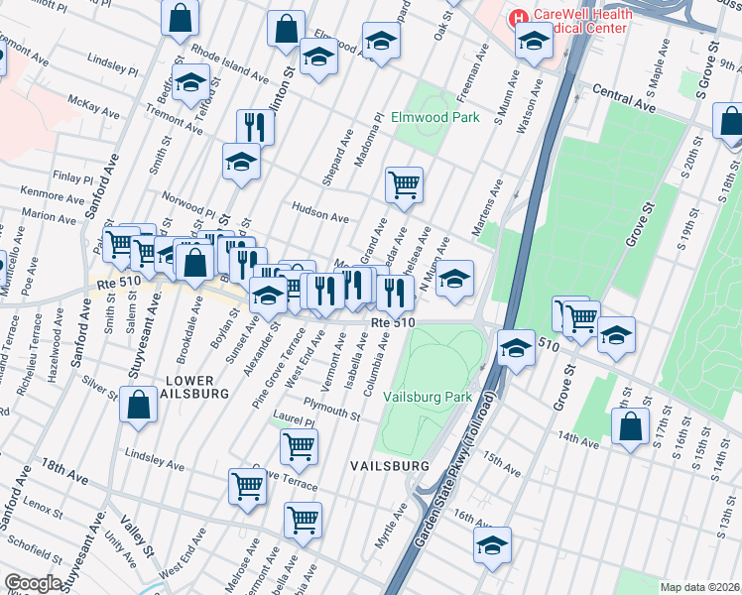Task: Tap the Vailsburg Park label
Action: pos(432,396)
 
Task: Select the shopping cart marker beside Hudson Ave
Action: pos(404,184)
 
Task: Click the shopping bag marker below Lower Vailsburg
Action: pos(138,404)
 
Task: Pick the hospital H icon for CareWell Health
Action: pos(517,17)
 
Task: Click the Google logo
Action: pos(33,583)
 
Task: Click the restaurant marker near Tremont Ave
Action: pos(255,127)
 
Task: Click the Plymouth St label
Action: pos(331,409)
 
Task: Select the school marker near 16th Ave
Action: pos(491,545)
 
